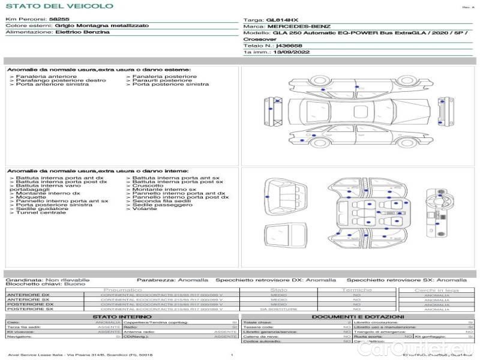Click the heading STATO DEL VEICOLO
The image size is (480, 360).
pyautogui.click(x=59, y=6)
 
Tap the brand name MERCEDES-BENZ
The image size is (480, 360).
pyautogui.click(x=299, y=26)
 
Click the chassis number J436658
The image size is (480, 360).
pyautogui.click(x=289, y=46)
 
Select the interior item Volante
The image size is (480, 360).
pyautogui.click(x=145, y=209)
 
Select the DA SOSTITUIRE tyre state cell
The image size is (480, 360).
pyautogui.click(x=279, y=309)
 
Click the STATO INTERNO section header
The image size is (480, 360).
pyautogui.click(x=118, y=317)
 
